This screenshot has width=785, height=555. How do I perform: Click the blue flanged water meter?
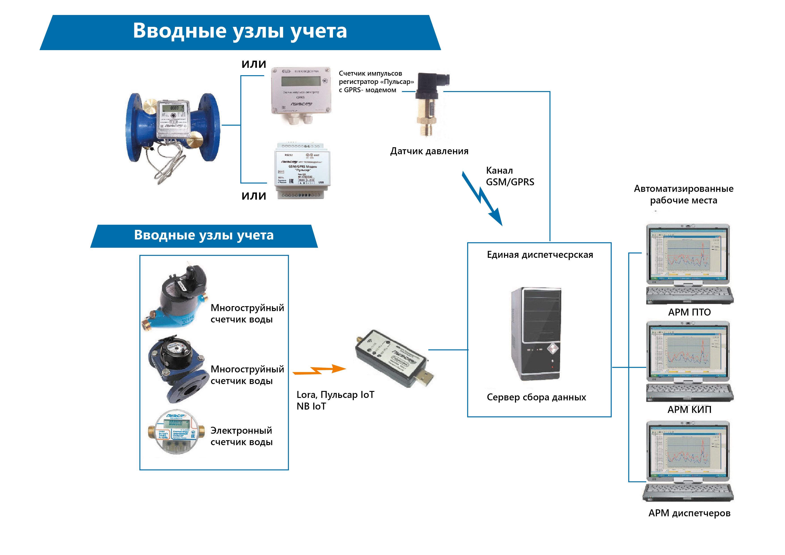tap(173, 128)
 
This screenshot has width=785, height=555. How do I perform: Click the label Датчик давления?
tap(429, 151)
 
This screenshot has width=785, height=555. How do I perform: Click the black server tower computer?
tap(536, 333)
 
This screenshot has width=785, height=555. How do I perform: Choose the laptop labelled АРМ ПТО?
tap(688, 263)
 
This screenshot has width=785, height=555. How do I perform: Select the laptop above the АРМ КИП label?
tap(688, 361)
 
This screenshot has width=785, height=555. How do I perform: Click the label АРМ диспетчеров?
tap(689, 513)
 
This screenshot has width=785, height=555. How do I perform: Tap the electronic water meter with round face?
tap(176, 433)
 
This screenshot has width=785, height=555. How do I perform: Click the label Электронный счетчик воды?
tap(241, 436)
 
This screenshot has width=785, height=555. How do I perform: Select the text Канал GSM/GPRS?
tap(510, 176)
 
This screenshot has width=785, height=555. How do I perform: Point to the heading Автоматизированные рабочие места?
tap(683, 194)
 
